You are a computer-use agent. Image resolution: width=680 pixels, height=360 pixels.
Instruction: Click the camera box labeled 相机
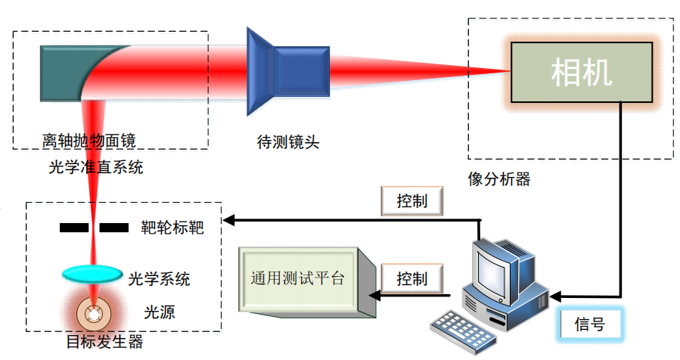(582, 73)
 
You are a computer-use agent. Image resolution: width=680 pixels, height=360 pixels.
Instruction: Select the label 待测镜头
(288, 142)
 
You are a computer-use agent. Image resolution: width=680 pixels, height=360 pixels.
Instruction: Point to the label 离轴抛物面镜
(89, 141)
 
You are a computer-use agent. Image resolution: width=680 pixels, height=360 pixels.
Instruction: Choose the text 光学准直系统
(96, 167)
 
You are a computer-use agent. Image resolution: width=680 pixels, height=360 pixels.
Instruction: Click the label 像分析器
(499, 178)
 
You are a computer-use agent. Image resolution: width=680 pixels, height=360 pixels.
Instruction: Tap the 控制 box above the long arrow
(412, 201)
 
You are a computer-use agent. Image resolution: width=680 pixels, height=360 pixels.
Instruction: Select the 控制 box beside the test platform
(412, 278)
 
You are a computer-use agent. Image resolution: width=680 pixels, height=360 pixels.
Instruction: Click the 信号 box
(590, 324)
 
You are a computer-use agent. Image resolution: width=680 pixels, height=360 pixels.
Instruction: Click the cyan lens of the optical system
(92, 274)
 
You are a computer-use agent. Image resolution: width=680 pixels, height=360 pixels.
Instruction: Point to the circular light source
(93, 314)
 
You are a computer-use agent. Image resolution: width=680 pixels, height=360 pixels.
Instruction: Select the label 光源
(160, 312)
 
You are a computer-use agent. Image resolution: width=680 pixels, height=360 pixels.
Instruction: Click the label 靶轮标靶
(172, 228)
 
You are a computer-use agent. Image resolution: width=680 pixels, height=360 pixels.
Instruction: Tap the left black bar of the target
(74, 228)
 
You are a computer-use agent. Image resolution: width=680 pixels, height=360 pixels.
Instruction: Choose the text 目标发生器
(104, 342)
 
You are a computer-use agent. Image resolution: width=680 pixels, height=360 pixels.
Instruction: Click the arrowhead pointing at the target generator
(228, 220)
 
